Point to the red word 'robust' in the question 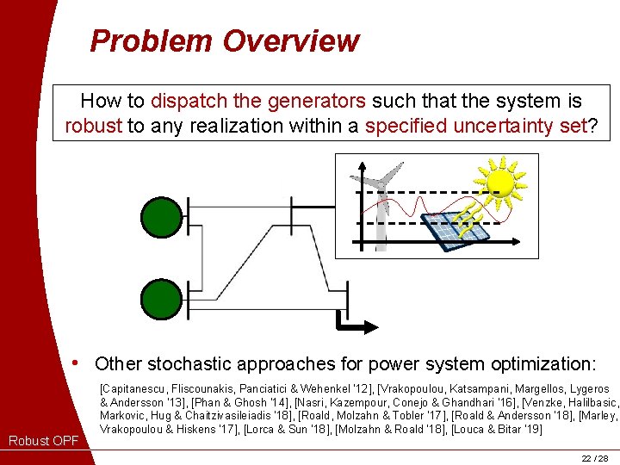[x=93, y=126]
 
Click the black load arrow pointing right [x=356, y=326]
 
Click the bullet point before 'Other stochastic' [x=78, y=363]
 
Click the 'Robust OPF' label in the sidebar [x=43, y=442]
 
